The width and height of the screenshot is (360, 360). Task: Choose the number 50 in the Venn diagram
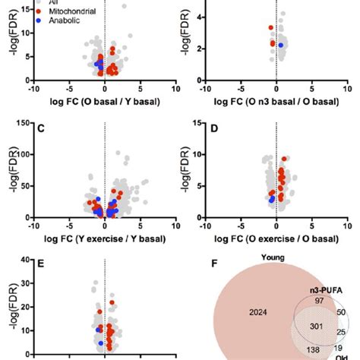click(x=340, y=312)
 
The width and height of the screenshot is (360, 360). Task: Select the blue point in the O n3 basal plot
click(x=280, y=46)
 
